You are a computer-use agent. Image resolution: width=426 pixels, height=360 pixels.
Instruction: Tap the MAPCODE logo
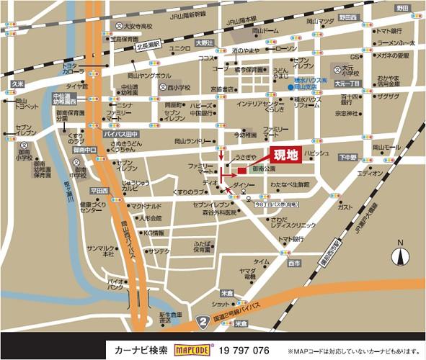pos(192,350)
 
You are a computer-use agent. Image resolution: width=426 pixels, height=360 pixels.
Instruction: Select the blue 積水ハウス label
pos(311,80)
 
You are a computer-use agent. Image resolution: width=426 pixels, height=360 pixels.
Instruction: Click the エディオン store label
pos(370,174)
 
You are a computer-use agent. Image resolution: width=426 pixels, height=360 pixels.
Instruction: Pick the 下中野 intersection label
pos(348,156)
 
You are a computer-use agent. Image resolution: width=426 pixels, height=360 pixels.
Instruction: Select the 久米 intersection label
pos(17,84)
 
